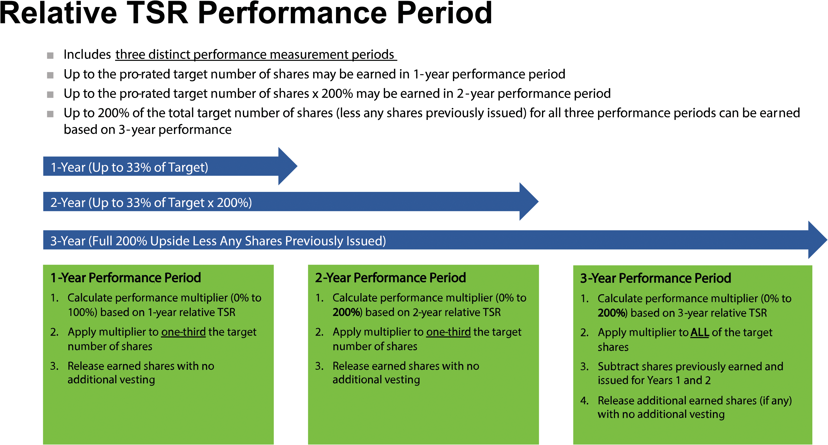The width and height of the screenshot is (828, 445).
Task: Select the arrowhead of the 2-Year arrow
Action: click(528, 202)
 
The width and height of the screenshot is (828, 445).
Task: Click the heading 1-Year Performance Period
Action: click(126, 278)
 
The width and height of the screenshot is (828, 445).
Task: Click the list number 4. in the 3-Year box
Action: click(584, 401)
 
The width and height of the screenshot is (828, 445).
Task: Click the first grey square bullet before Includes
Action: click(50, 56)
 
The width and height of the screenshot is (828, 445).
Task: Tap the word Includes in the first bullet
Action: click(87, 55)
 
